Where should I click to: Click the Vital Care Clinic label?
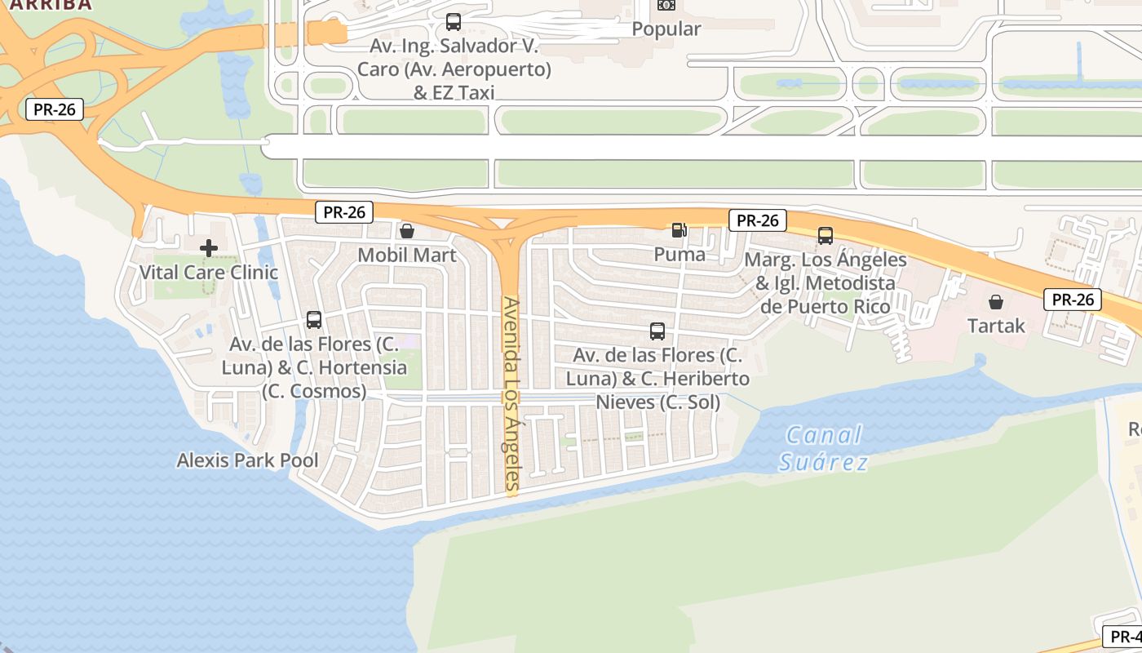(x=209, y=272)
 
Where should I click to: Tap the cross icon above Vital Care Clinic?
(x=209, y=247)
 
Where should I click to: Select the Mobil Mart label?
(x=407, y=255)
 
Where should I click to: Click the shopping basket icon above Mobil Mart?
(x=407, y=231)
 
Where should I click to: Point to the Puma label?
(x=679, y=254)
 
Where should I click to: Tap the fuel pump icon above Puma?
(x=679, y=230)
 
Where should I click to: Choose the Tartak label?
(x=996, y=326)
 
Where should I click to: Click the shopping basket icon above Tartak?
(x=996, y=302)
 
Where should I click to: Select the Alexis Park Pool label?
(x=248, y=460)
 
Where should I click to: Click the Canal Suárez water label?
(x=822, y=448)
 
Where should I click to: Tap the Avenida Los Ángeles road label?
(x=511, y=396)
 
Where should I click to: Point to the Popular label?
(x=666, y=29)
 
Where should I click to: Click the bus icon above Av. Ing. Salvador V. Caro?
(x=454, y=22)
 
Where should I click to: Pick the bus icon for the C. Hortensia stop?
(x=314, y=319)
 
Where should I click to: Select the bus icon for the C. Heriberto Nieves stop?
(x=657, y=331)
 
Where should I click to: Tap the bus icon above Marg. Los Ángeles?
(x=826, y=236)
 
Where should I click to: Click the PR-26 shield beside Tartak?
(x=1073, y=300)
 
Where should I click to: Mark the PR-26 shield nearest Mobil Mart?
(x=344, y=212)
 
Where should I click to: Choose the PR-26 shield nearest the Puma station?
(x=757, y=220)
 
